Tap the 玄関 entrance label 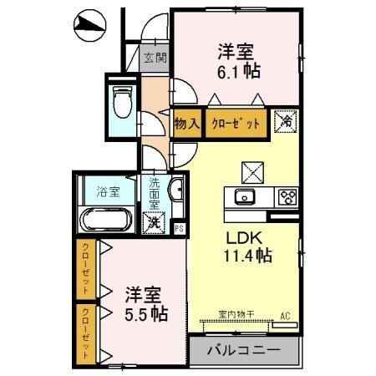pyautogui.click(x=155, y=58)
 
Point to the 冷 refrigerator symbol pyautogui.click(x=284, y=122)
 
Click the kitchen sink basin pyautogui.click(x=245, y=197)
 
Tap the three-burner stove pyautogui.click(x=287, y=197)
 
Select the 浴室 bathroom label pyautogui.click(x=108, y=191)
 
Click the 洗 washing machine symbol pyautogui.click(x=153, y=223)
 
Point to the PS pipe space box pyautogui.click(x=179, y=226)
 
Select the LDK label pyautogui.click(x=241, y=236)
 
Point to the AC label pyautogui.click(x=285, y=315)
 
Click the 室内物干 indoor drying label pyautogui.click(x=237, y=315)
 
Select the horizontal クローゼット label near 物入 pyautogui.click(x=234, y=123)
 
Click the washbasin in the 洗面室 pyautogui.click(x=175, y=191)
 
